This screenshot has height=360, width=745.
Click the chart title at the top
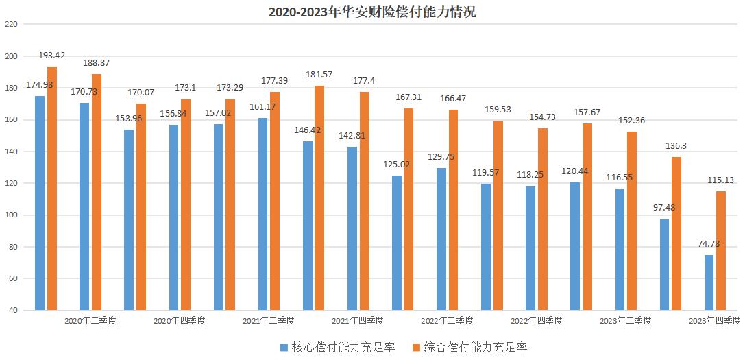point(372,12)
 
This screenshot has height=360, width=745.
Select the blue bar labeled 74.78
point(709,283)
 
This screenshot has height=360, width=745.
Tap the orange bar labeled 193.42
point(52,189)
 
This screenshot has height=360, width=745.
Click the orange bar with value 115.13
point(720,250)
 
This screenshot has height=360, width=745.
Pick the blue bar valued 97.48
point(664,265)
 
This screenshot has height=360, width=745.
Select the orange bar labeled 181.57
point(319,198)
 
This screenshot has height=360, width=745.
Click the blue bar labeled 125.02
point(397,243)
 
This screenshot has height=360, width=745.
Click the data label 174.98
point(40,85)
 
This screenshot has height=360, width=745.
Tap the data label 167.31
point(408,97)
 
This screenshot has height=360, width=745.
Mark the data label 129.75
point(441,157)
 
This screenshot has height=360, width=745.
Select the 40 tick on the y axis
point(12,311)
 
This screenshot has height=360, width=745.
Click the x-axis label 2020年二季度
point(90,320)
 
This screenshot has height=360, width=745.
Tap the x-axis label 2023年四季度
point(714,320)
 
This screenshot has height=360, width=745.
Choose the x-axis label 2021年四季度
point(358,320)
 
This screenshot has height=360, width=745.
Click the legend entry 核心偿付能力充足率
point(343,347)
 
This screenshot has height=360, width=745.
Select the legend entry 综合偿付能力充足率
point(474,347)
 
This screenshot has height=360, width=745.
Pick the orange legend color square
point(415,347)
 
